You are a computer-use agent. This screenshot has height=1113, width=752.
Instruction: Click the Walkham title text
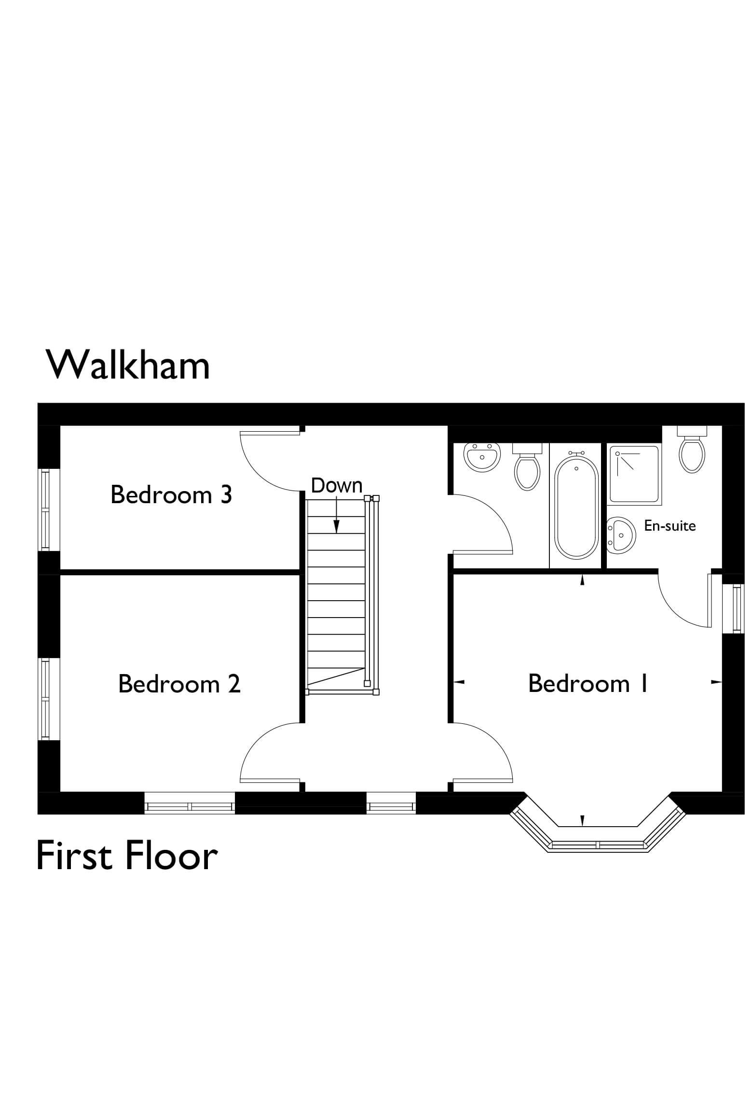point(128,366)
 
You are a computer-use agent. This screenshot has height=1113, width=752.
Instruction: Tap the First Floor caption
point(127,856)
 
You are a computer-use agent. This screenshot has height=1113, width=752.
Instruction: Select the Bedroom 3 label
point(171,495)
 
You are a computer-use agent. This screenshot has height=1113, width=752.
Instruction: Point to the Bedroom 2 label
point(179,684)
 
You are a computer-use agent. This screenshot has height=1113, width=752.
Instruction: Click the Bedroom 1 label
point(588,684)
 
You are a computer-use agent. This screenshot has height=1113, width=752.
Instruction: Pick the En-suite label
point(670,526)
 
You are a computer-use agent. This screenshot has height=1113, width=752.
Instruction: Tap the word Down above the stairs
point(337,486)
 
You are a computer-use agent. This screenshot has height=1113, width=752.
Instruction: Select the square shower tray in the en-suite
point(634,475)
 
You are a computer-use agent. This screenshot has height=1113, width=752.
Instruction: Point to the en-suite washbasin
point(621,535)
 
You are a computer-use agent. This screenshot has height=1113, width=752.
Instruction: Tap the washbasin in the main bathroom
point(481,456)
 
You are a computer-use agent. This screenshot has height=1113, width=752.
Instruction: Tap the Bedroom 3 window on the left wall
point(45,510)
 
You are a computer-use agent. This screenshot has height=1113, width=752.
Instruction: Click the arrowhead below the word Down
point(337,527)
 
